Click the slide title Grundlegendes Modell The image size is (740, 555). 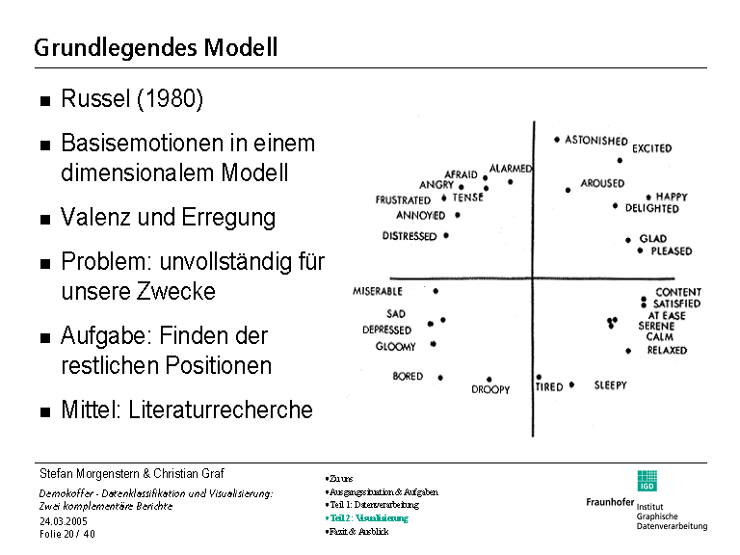click(x=155, y=47)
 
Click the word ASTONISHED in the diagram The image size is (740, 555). click(x=595, y=141)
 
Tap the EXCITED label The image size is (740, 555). click(x=651, y=149)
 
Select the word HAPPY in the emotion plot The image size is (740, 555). click(x=673, y=197)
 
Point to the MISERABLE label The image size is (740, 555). click(x=378, y=291)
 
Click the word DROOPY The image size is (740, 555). click(x=490, y=390)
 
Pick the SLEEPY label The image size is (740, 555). click(x=610, y=385)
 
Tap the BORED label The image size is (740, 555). click(x=408, y=377)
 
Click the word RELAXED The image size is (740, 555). click(x=667, y=351)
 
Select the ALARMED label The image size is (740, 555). click(x=511, y=169)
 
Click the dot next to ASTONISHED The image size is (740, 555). click(x=557, y=140)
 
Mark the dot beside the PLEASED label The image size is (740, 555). click(x=641, y=251)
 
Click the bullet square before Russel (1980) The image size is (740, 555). click(x=45, y=101)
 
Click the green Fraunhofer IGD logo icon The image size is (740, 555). click(x=647, y=480)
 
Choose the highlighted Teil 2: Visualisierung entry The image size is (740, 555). click(x=368, y=518)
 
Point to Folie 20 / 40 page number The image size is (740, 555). click(x=67, y=534)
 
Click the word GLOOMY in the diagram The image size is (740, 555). click(x=395, y=347)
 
